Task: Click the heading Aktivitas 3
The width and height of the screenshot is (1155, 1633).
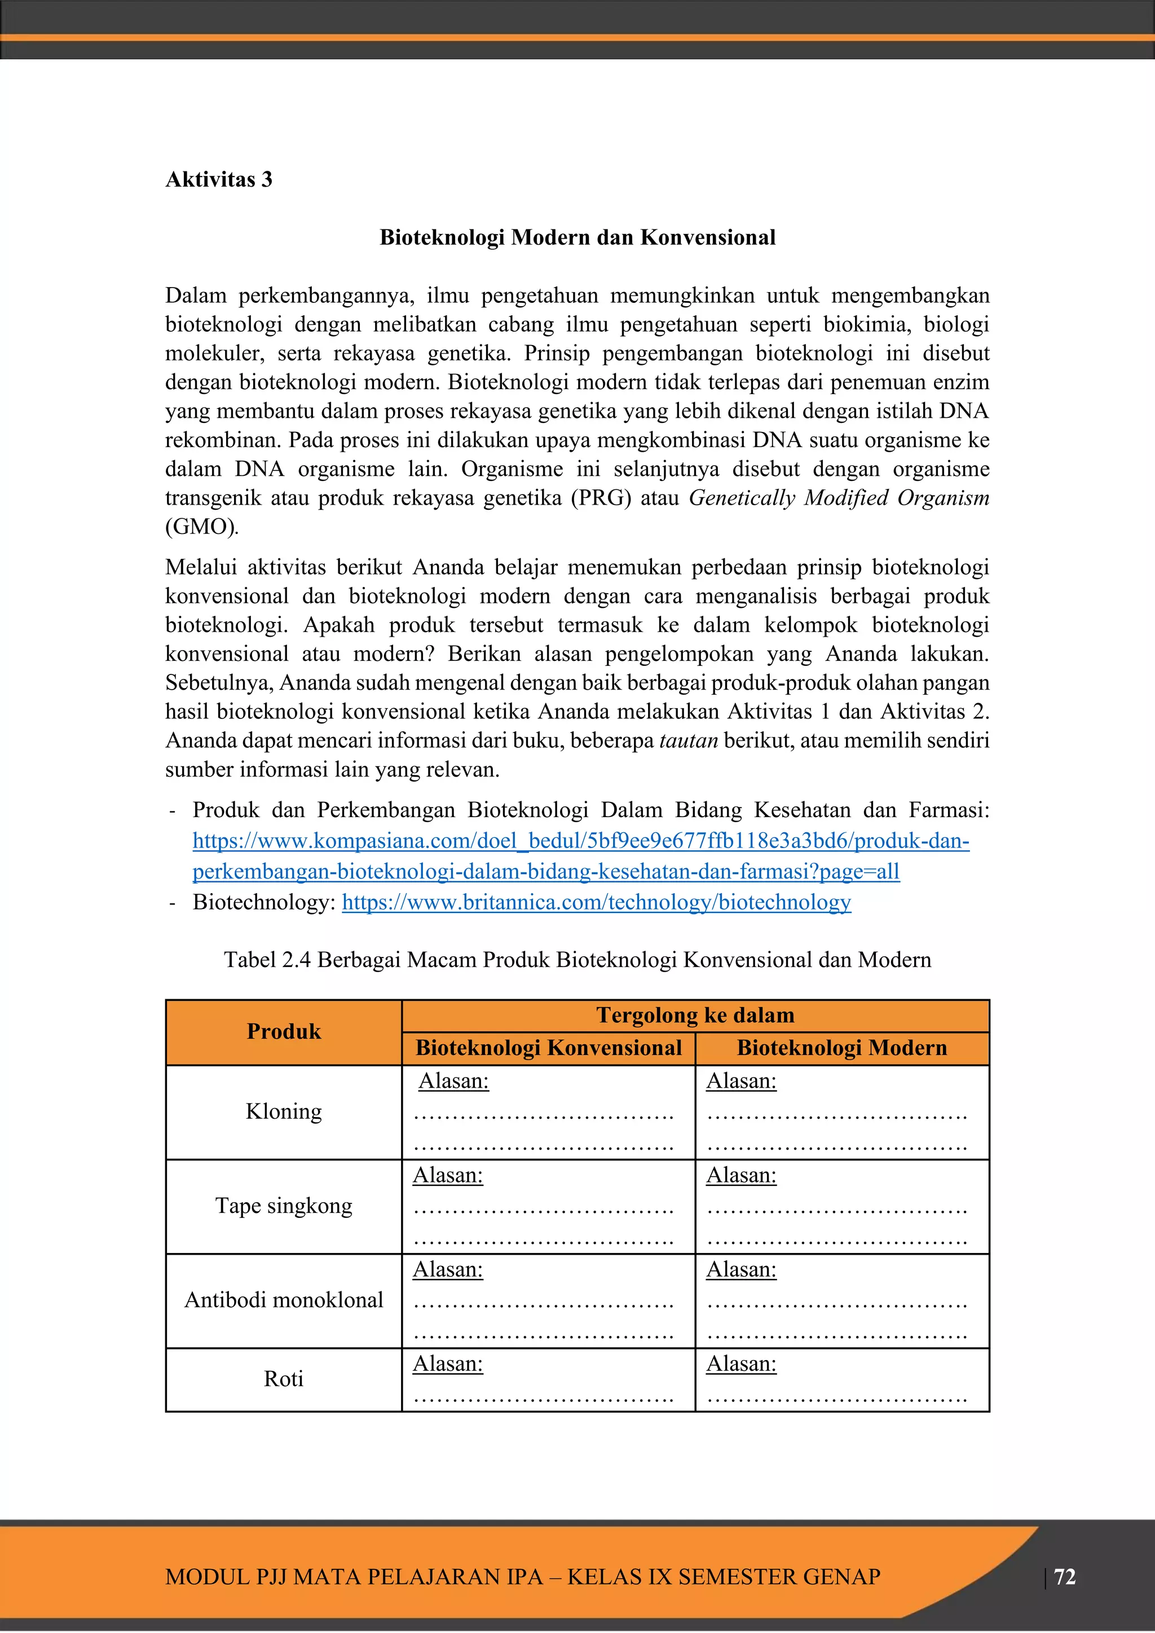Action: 218,179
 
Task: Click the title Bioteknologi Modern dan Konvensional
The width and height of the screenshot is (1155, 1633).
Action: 577,237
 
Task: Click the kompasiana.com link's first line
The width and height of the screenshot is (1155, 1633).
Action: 580,841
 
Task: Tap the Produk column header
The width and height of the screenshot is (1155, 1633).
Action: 284,1031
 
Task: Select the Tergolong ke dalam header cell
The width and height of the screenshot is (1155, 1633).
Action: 695,1015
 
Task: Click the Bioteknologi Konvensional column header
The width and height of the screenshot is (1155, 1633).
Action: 548,1048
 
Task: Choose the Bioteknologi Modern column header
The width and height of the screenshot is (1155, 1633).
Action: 841,1048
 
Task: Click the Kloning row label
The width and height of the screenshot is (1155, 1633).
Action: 284,1111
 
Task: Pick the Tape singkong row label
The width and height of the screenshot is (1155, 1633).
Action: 284,1206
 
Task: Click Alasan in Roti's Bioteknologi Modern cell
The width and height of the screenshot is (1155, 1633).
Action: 741,1363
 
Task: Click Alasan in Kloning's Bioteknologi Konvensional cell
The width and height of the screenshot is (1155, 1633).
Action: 454,1081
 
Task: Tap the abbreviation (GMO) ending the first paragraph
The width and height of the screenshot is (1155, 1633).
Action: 201,527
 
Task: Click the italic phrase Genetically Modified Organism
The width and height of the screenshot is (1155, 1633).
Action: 839,498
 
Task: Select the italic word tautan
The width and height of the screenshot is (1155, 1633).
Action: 689,740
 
